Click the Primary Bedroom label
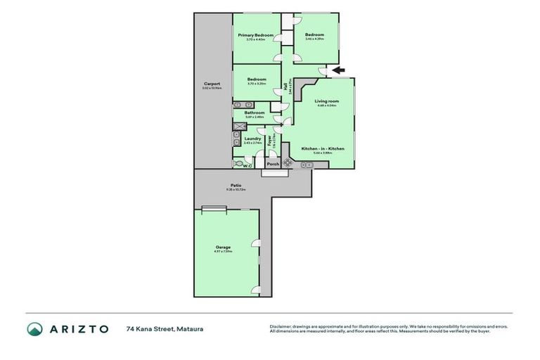point(255,34)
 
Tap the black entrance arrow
point(337,70)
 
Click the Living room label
point(326,101)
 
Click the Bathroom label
point(255,112)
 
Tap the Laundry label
point(252,139)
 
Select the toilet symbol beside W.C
point(238,164)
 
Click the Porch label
point(272,164)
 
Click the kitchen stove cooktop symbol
point(288,163)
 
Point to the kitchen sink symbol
point(307,165)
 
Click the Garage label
point(224,247)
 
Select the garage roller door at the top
point(213,208)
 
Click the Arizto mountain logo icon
point(34,328)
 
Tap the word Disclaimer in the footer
point(281,326)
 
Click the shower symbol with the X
point(239,127)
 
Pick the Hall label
point(285,87)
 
